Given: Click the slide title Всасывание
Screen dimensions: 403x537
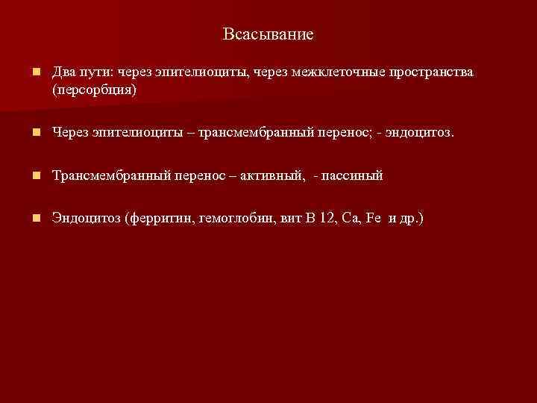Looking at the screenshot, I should point(268,34).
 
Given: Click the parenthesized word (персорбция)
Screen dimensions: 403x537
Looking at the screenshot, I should point(95,89).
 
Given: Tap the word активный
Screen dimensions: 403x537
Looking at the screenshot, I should point(268,176).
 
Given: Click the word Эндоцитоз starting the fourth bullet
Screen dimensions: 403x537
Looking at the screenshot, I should point(86,219).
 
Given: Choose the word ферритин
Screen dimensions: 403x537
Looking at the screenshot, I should point(163,219).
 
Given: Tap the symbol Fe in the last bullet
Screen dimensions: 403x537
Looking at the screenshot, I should point(374,219).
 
